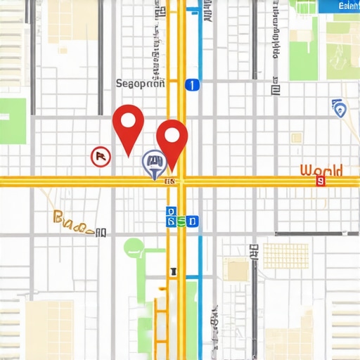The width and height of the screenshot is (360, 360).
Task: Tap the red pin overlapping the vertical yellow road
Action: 172,138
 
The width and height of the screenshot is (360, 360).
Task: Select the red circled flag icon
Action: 101,157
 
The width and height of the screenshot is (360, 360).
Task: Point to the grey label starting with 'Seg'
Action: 140,84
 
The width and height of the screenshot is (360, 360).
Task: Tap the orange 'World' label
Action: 321,170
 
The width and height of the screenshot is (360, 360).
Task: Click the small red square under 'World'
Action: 321,181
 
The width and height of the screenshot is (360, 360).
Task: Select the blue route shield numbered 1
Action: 191,85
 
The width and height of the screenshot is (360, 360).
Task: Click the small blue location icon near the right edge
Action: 340,108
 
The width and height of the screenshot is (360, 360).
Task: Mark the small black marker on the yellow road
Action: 173,269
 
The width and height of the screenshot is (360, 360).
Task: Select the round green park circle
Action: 134,247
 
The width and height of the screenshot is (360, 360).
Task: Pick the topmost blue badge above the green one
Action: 169,210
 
